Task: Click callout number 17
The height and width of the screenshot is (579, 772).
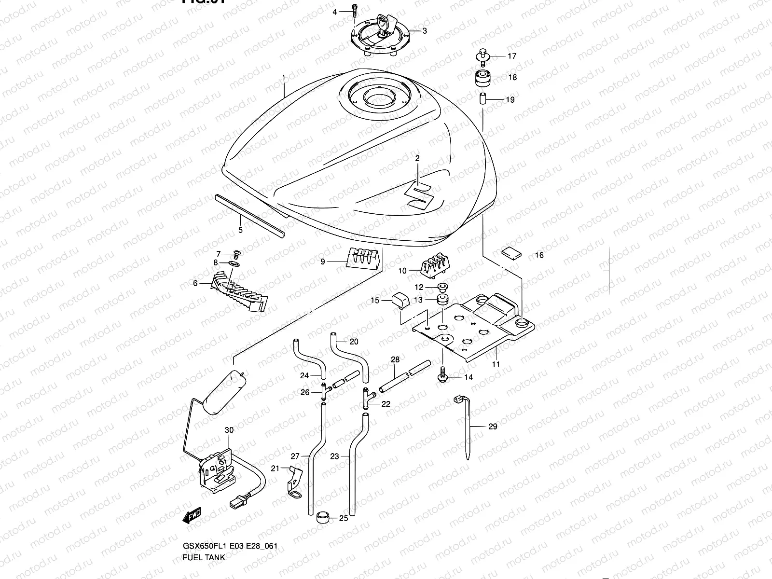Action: tap(512, 56)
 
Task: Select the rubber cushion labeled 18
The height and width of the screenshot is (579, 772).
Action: tap(482, 78)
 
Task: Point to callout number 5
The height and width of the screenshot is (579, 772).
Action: tap(240, 230)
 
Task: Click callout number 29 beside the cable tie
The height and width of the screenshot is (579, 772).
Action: tap(493, 427)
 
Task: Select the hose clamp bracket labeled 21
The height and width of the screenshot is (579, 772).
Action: tap(294, 480)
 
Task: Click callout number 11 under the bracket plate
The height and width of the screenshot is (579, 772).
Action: tap(496, 364)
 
